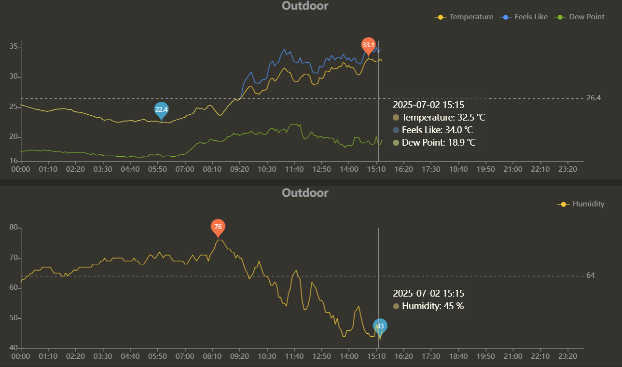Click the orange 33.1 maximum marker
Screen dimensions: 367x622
pyautogui.click(x=368, y=45)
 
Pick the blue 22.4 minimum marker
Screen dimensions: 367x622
pyautogui.click(x=161, y=110)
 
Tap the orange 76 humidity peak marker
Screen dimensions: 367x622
pyautogui.click(x=218, y=227)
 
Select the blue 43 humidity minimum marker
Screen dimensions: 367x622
pyautogui.click(x=380, y=326)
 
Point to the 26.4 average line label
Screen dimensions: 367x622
pyautogui.click(x=594, y=98)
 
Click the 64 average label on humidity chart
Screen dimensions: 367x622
pyautogui.click(x=591, y=275)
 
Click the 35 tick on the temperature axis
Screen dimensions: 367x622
pyautogui.click(x=14, y=47)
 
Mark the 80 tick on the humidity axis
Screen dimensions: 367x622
pyautogui.click(x=14, y=228)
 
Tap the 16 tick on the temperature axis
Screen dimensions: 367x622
pyautogui.click(x=14, y=161)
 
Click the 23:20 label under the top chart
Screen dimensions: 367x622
pyautogui.click(x=567, y=169)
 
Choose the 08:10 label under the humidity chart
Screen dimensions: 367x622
pyautogui.click(x=212, y=356)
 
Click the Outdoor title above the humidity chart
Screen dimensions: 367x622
pyautogui.click(x=305, y=193)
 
